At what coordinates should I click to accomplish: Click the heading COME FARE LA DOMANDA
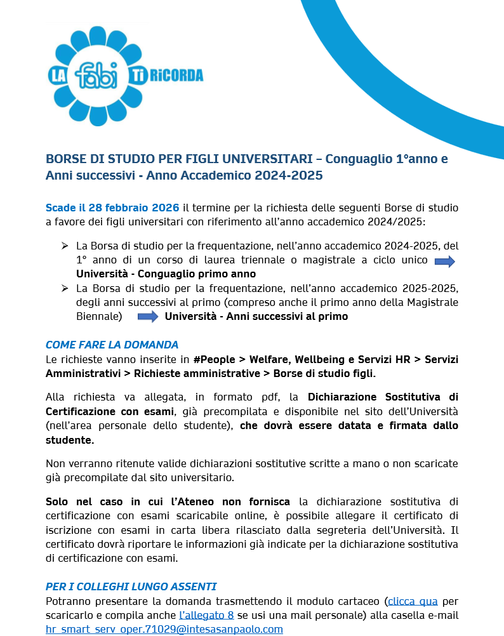(112, 345)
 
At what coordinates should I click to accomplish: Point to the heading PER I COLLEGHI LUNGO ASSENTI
(131, 586)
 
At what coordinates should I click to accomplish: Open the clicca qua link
(413, 600)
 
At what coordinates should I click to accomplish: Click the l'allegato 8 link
(206, 614)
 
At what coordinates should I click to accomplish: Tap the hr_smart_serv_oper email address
(164, 629)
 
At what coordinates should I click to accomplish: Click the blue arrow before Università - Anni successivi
(148, 316)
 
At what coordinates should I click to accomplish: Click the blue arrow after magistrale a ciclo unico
(444, 262)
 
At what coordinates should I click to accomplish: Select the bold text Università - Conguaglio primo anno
(166, 274)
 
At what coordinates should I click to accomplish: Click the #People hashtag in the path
(216, 359)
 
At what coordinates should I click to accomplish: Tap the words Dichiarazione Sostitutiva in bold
(382, 398)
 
